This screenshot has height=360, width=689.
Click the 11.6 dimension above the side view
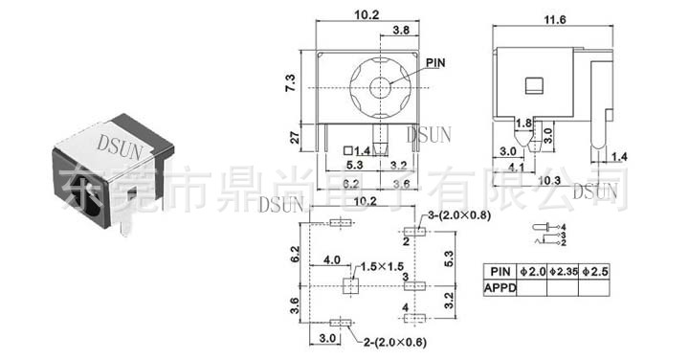pyautogui.click(x=553, y=19)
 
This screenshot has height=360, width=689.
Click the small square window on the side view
pyautogui.click(x=534, y=83)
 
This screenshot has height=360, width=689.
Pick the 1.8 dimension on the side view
pyautogui.click(x=523, y=123)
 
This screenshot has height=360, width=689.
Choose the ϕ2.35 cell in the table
pyautogui.click(x=563, y=271)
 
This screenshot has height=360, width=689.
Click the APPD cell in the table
pyautogui.click(x=500, y=286)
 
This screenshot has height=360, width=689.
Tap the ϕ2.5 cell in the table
pyautogui.click(x=596, y=271)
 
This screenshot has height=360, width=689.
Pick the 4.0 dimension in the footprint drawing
pyautogui.click(x=333, y=259)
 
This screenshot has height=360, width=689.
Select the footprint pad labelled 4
pyautogui.click(x=411, y=321)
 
